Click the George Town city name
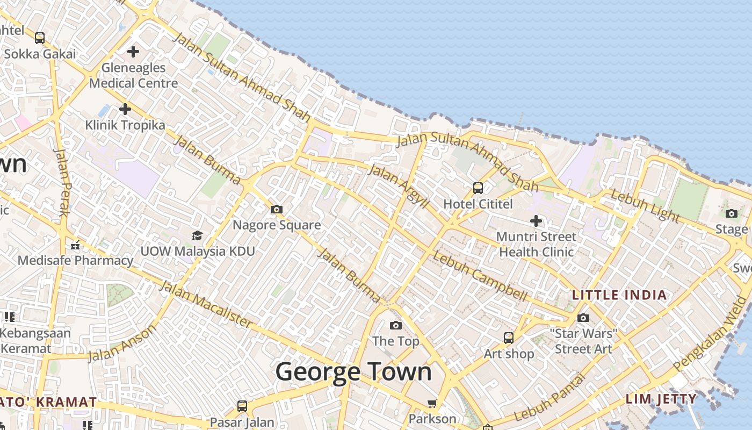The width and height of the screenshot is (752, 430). click(353, 372)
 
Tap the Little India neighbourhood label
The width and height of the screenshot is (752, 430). click(619, 295)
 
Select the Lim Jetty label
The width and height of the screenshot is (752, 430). click(661, 399)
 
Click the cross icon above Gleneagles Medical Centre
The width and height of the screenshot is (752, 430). click(133, 52)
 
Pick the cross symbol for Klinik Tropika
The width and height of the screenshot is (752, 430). click(125, 109)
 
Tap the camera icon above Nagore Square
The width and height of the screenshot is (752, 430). click(277, 209)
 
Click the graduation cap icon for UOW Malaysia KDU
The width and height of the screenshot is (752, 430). click(197, 235)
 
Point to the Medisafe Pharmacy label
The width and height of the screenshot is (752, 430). click(75, 261)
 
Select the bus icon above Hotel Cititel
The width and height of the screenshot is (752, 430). click(478, 188)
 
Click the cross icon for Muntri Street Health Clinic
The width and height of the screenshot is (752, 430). click(536, 220)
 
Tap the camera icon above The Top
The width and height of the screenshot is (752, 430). click(396, 325)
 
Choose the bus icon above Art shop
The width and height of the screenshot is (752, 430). click(508, 338)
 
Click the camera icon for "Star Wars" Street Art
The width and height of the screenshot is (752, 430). click(583, 318)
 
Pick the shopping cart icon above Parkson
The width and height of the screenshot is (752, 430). click(432, 403)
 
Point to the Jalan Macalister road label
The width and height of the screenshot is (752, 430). click(206, 304)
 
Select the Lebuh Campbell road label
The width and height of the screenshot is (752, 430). click(479, 276)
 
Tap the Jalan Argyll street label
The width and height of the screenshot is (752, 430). click(399, 186)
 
